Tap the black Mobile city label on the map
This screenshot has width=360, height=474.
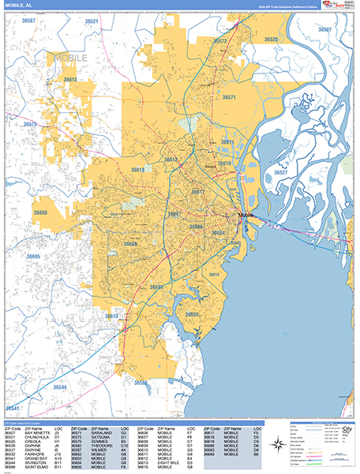pos(246,215)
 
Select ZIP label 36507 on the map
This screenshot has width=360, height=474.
pos(324,28)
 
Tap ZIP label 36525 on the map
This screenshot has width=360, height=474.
pos(272,39)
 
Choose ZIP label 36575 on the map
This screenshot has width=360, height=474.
pos(30,125)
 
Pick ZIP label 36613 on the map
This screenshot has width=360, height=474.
pos(70,80)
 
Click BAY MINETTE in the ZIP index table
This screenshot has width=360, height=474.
pos(36,433)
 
